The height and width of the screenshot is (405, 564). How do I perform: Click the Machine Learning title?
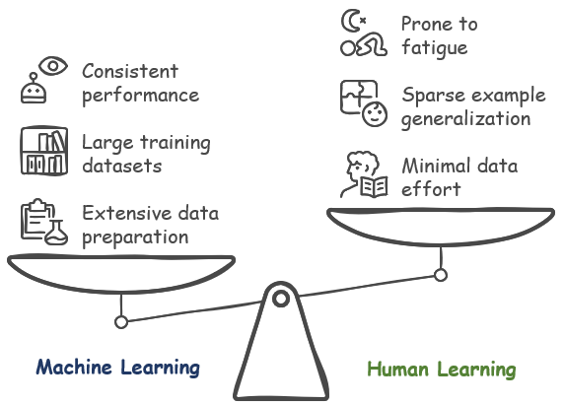(x=118, y=368)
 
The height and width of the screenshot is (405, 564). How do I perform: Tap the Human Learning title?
(x=442, y=370)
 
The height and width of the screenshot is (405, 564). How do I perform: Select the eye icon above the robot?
(x=53, y=66)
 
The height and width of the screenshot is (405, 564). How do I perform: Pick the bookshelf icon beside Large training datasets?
(x=44, y=151)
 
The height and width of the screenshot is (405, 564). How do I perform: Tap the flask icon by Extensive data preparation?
(x=56, y=233)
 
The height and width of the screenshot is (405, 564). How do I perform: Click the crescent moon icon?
(x=351, y=21)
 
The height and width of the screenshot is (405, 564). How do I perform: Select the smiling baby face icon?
(x=375, y=114)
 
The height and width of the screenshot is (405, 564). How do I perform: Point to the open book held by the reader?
(x=374, y=187)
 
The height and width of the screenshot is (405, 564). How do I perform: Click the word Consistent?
(x=130, y=71)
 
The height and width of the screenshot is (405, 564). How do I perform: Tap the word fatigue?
(x=435, y=48)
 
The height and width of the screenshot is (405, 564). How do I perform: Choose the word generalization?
(x=465, y=119)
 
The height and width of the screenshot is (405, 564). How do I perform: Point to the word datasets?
(x=122, y=166)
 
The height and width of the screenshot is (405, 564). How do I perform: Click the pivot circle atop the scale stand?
(x=281, y=299)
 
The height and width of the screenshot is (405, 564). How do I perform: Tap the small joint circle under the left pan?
(x=121, y=322)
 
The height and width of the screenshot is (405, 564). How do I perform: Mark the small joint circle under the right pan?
(x=441, y=275)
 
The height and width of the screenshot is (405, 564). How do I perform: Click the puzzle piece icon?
(x=358, y=97)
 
